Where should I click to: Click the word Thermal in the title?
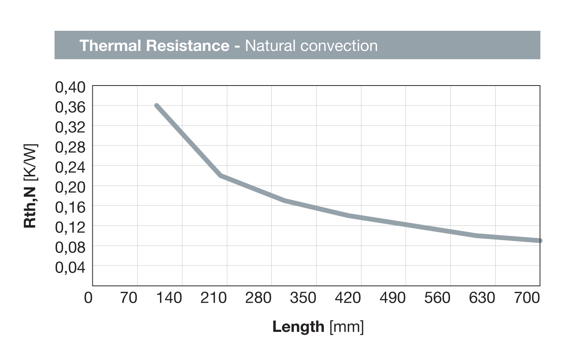[110, 46]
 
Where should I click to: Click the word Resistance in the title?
[187, 46]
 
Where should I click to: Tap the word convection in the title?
[339, 46]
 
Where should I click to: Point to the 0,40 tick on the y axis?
[71, 87]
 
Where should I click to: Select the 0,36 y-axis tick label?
[71, 107]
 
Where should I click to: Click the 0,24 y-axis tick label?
[71, 167]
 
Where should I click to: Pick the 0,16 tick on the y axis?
[71, 207]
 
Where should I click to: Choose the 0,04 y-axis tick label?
[71, 267]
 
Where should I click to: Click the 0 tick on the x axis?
[88, 298]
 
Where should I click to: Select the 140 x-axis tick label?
[169, 298]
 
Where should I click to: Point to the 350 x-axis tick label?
[303, 298]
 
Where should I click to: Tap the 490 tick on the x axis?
[393, 298]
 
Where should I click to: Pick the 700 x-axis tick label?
[527, 298]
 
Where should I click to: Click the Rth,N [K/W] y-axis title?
[30, 186]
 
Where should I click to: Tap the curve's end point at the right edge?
[539, 241]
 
